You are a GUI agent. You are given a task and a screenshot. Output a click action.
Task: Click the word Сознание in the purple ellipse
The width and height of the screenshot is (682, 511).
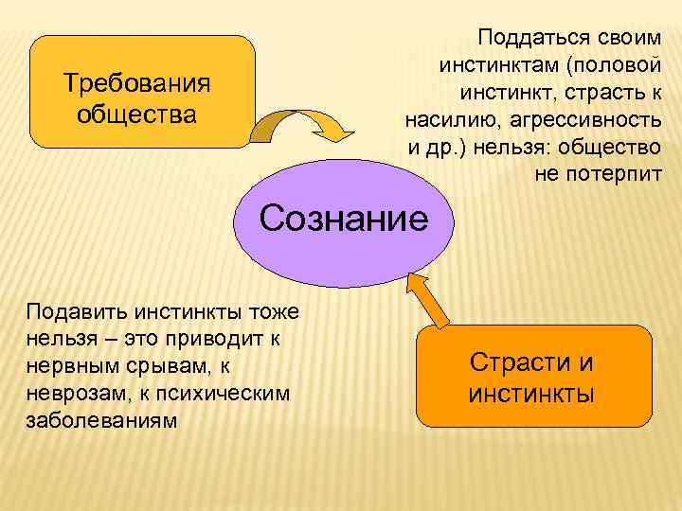pos(344,220)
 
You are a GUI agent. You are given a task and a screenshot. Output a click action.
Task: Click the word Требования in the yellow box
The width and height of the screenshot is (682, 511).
pos(136,83)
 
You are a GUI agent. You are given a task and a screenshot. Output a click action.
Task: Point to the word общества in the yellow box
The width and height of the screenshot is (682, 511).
pos(136,115)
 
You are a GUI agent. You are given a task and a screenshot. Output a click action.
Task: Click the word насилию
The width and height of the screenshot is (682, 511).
pos(454,120)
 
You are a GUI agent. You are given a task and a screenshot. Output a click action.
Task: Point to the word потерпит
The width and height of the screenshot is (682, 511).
pos(615,175)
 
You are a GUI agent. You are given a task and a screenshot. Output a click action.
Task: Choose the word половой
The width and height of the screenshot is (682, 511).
pos(621,65)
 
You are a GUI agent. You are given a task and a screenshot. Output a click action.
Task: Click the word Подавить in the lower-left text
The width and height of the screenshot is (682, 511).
pos(73,310)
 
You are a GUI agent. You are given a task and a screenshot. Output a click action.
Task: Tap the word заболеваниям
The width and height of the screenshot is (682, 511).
pos(101,419)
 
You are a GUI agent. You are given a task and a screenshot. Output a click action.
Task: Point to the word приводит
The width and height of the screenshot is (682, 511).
pos(226,338)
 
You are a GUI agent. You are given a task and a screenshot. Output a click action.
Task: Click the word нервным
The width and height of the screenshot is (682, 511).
pos(70,365)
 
